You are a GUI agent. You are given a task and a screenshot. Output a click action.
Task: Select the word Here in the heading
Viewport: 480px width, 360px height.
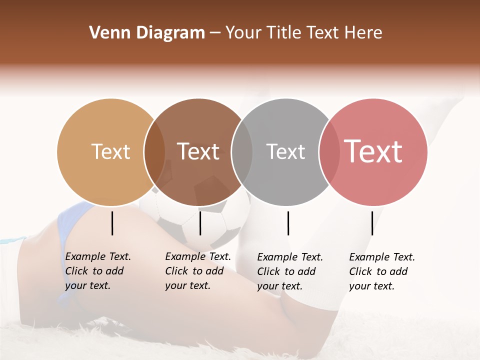coord(363,33)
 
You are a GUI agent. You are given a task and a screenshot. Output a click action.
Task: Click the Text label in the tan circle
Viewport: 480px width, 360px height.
coord(111,151)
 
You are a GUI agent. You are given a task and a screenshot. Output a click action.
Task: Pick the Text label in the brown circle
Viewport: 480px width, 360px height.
coord(198,151)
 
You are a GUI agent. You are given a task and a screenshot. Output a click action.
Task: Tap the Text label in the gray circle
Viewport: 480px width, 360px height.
coord(286,151)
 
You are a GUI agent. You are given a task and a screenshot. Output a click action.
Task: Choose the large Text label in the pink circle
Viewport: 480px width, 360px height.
coord(373,151)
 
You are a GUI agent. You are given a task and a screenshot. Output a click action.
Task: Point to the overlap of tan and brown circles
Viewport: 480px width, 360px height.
coord(154,152)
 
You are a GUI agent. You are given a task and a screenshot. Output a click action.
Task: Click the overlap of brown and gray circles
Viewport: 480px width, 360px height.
coord(242,152)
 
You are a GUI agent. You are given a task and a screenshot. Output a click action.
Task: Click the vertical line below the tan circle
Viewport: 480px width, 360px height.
coord(112,223)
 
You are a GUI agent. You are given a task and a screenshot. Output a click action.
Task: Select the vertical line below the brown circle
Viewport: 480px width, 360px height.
coord(200,223)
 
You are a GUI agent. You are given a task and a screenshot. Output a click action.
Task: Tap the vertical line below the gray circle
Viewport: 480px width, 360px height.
coord(288,223)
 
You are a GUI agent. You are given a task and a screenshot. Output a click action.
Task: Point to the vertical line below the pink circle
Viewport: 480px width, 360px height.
coord(372,223)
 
